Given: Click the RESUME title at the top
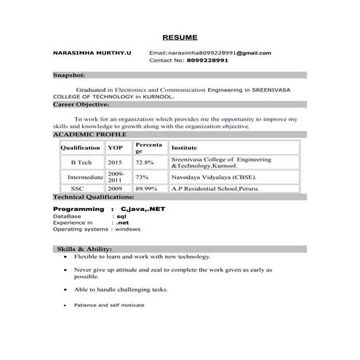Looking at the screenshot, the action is click(x=179, y=36).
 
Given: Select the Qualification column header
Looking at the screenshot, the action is click(x=80, y=148).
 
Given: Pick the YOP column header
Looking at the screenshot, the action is click(x=115, y=148).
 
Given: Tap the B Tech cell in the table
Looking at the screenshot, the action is click(x=81, y=163).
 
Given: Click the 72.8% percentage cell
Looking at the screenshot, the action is click(x=144, y=163).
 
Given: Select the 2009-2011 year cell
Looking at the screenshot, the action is click(x=116, y=177).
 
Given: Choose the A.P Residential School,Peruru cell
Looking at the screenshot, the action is click(x=215, y=189).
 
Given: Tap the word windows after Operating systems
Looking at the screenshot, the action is click(x=127, y=229).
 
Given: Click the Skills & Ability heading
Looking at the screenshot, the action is click(x=84, y=249).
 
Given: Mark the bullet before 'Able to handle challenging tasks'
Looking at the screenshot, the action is click(x=66, y=289).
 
